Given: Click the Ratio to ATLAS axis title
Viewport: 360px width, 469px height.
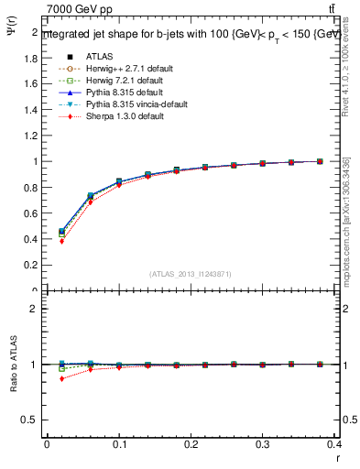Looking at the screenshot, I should point(14,364).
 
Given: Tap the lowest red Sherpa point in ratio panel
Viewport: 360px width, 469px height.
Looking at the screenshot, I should point(61,378).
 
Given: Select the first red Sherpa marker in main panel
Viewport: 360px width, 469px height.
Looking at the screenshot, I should point(61,241).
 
